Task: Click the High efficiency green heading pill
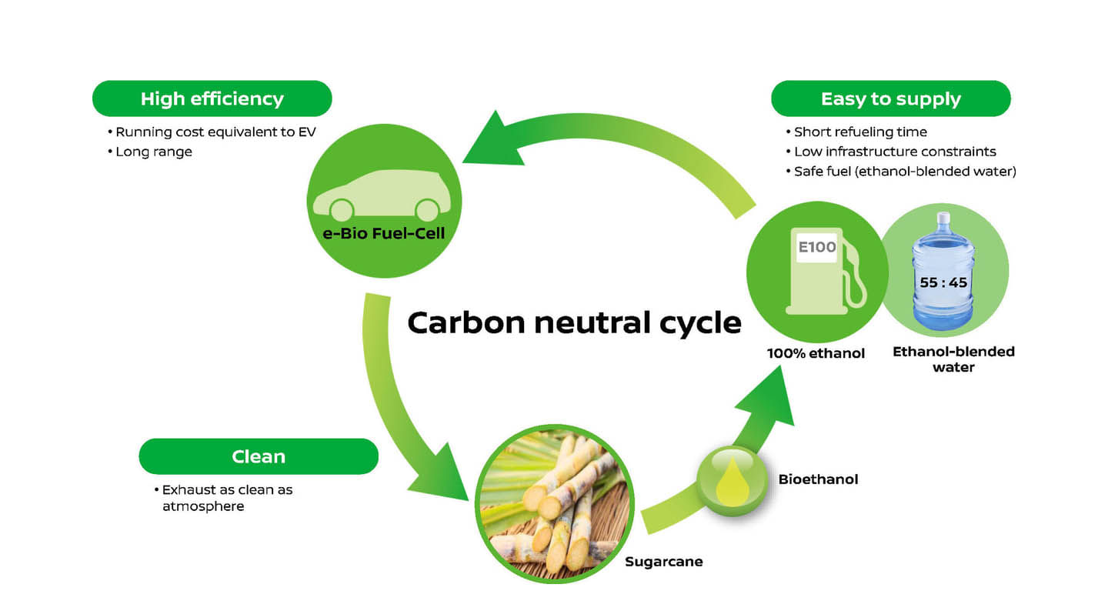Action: tap(212, 98)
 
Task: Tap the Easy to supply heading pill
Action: tap(890, 98)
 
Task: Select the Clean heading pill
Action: tap(259, 456)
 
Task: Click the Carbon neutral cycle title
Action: tap(574, 322)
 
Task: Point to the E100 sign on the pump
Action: tap(816, 248)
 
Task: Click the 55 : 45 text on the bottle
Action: tap(943, 282)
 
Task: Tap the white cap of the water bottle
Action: tap(943, 219)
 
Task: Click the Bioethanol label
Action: tap(818, 479)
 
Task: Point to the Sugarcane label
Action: tap(663, 562)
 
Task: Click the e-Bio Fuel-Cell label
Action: tap(384, 233)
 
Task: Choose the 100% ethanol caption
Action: tap(816, 354)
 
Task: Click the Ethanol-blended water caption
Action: tap(953, 359)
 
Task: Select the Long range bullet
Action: tap(153, 152)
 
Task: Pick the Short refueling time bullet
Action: tap(859, 132)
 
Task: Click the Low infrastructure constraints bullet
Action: tap(894, 152)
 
